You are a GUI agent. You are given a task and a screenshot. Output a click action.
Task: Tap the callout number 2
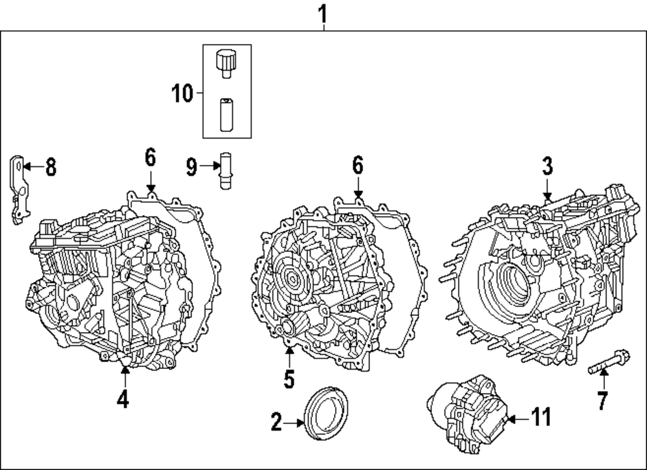point(277,423)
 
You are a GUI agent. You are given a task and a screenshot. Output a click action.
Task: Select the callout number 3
point(547,166)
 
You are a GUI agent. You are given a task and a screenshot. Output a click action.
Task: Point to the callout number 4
point(123,399)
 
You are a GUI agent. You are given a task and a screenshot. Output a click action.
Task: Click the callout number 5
point(289,377)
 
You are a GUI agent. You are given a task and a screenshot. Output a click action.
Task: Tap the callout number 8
point(50,168)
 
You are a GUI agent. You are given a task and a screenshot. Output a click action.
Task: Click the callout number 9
point(192,168)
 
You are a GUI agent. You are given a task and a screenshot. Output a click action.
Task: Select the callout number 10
point(182,94)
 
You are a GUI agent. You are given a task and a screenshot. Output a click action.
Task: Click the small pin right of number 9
point(226,170)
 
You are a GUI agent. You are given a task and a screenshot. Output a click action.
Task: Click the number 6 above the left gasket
point(150,157)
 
